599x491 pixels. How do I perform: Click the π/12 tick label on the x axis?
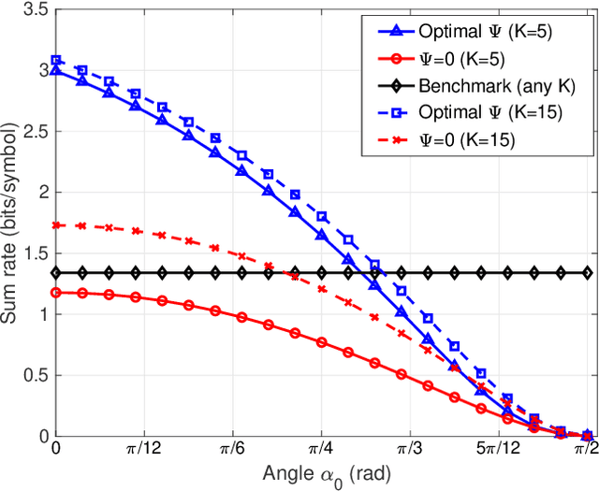click(x=143, y=451)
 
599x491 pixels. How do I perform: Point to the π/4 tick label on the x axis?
click(x=321, y=451)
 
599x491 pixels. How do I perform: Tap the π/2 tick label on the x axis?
click(x=587, y=451)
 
